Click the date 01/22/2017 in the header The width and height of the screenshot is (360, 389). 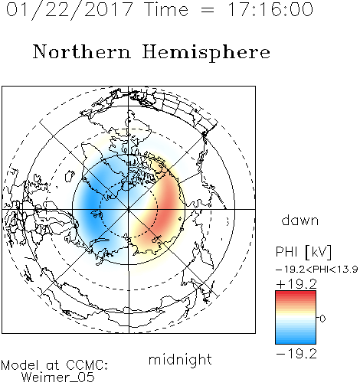coord(70,10)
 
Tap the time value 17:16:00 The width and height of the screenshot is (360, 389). coord(270,9)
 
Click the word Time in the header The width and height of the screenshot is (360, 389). coord(166,9)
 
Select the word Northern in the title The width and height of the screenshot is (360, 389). coord(82,51)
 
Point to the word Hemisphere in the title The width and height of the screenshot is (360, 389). coord(206,53)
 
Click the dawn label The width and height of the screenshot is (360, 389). coord(300,220)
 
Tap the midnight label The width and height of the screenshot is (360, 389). coord(180,359)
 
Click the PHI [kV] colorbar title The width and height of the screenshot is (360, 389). coord(303,252)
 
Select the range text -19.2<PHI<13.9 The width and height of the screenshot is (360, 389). coord(317,270)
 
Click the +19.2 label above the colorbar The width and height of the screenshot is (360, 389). coord(296,284)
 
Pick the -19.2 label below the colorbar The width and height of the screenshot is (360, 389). coord(296,354)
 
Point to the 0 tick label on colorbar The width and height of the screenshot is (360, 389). coord(322,319)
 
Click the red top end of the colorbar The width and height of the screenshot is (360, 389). coord(296,293)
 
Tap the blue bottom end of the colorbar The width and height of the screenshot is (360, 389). coord(296,342)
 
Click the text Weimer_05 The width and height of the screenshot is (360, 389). coord(57,378)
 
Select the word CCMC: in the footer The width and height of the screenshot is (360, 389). coord(87,365)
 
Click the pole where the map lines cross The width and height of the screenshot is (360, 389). coord(129,209)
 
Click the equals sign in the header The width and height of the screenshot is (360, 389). coord(208,11)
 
